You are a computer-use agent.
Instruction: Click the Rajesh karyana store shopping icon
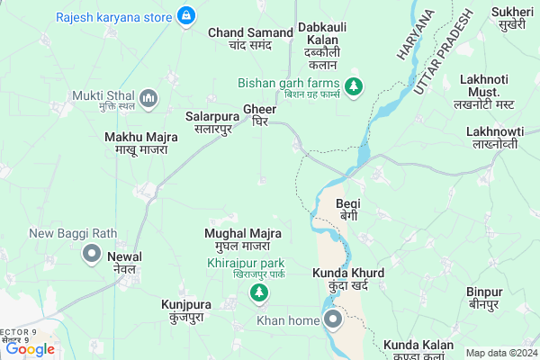186,16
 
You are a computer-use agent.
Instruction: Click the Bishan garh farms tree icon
355,84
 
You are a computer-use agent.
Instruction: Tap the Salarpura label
209,123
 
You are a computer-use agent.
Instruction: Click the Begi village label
348,210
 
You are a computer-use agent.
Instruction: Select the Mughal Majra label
242,239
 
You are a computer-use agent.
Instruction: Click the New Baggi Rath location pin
91,254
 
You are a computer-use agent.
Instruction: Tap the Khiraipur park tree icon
259,292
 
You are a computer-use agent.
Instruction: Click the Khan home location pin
333,319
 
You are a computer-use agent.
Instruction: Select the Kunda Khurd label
348,279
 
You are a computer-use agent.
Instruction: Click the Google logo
31,349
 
